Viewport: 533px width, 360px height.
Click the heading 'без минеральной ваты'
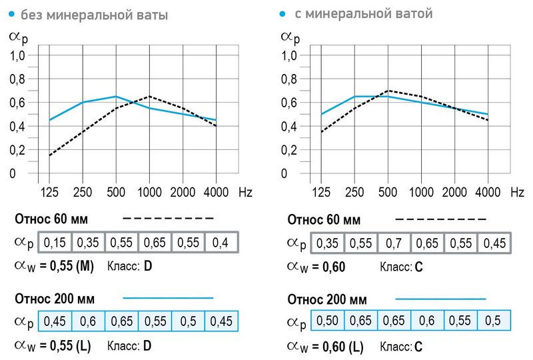coord(93,14)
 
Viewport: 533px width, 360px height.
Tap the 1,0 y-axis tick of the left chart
coord(17,56)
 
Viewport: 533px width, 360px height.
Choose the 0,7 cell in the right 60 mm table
coord(394,243)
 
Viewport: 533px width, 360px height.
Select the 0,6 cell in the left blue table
coord(89,321)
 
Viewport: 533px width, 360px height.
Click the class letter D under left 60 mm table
coord(148,267)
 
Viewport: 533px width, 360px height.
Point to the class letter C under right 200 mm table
coord(418,347)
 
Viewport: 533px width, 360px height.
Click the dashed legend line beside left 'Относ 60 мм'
coord(168,218)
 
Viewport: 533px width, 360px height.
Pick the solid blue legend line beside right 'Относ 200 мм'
coord(440,298)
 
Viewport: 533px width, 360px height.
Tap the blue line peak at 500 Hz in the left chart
coord(116,97)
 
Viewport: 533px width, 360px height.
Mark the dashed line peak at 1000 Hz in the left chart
coord(149,97)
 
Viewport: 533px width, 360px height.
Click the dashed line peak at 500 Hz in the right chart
coord(388,91)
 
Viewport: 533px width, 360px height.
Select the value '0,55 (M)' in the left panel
coord(67,267)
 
